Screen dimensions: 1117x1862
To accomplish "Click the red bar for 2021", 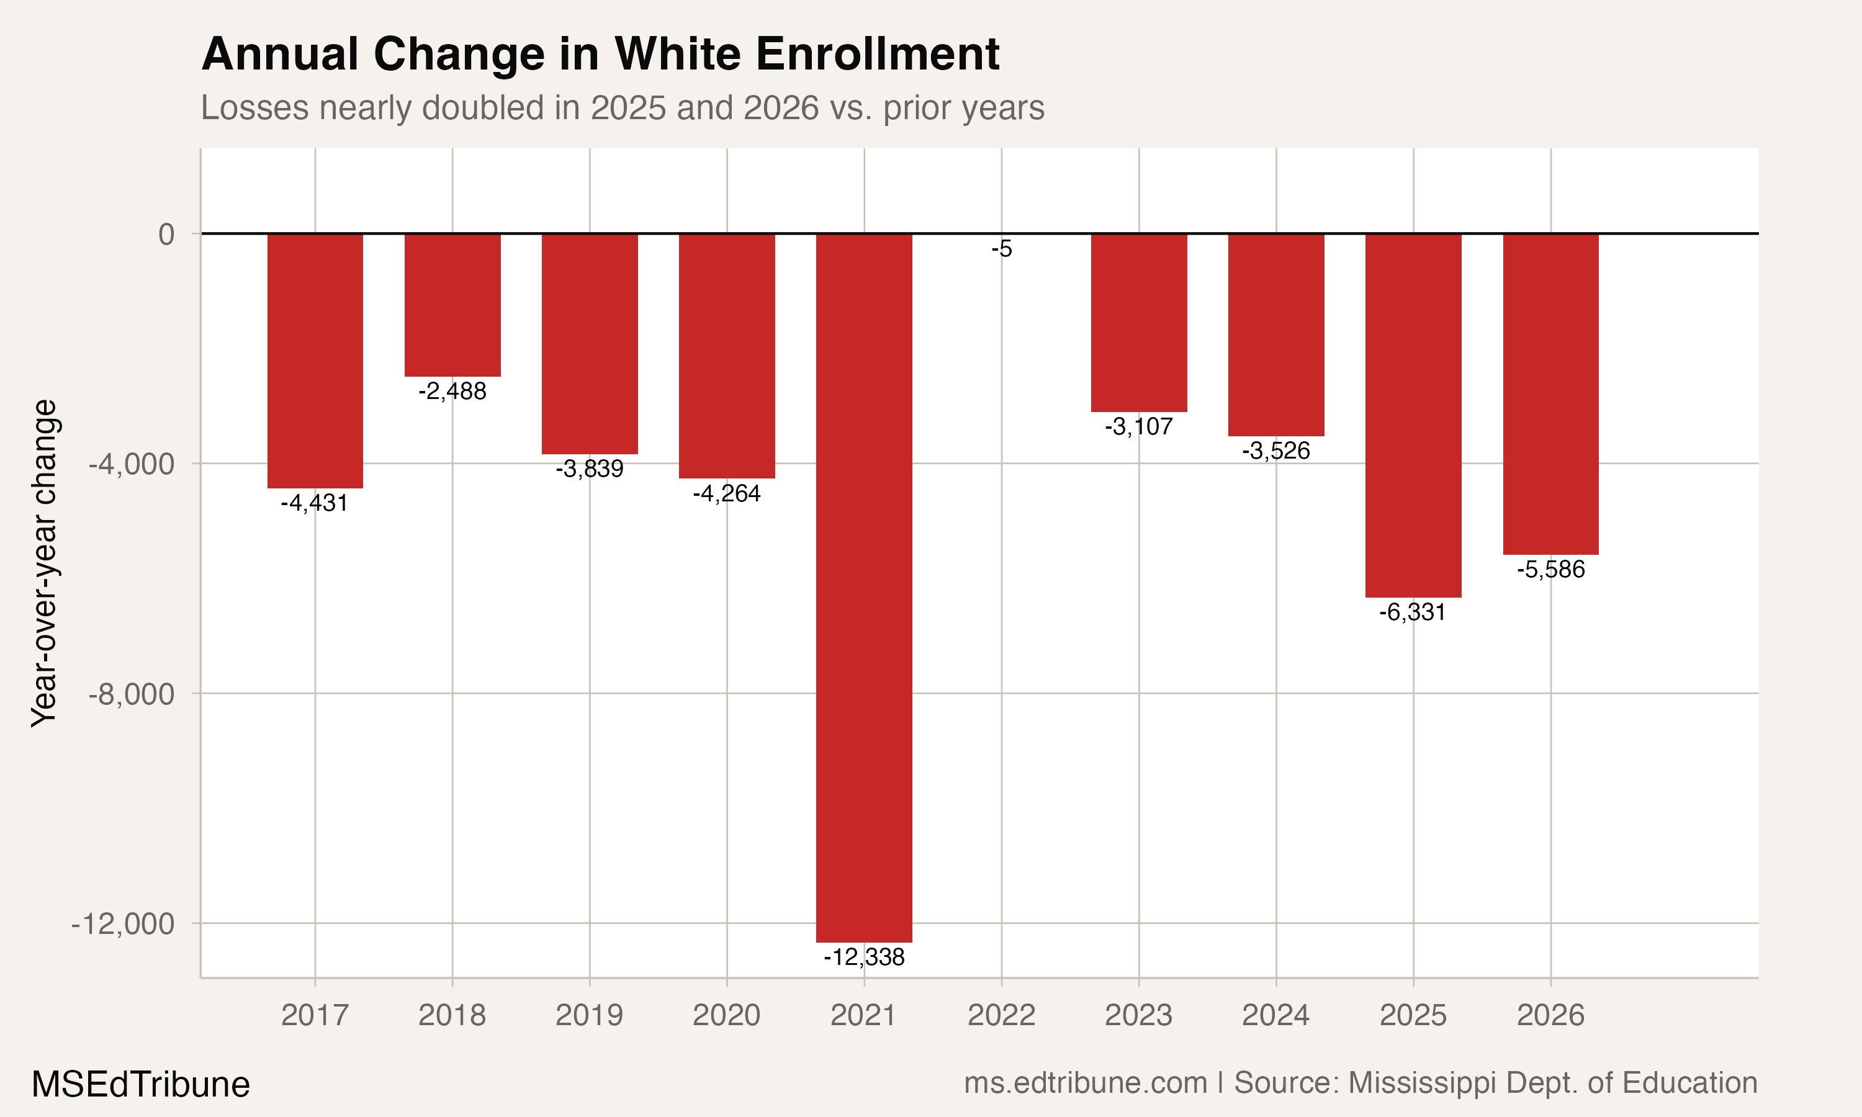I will click(x=863, y=587).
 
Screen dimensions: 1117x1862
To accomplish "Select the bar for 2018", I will click(x=452, y=305).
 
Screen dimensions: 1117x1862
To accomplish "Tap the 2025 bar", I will click(x=1413, y=416).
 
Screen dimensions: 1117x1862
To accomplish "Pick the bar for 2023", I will click(x=1139, y=322).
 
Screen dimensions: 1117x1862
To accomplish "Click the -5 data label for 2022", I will click(x=1002, y=249).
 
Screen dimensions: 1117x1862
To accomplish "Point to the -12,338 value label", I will click(x=863, y=958).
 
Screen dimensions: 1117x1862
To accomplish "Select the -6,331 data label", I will click(x=1413, y=612).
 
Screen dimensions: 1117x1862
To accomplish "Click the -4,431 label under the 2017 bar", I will click(x=315, y=503).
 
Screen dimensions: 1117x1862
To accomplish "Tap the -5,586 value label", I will click(x=1550, y=570).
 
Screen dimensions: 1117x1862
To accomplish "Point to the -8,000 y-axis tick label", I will click(x=132, y=694).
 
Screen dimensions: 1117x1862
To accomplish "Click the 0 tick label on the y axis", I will click(x=166, y=235).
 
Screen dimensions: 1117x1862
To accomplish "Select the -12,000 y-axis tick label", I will click(x=124, y=924).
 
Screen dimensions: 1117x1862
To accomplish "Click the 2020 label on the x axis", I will click(x=726, y=1016).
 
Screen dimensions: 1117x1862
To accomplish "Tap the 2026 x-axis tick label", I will click(x=1550, y=1016).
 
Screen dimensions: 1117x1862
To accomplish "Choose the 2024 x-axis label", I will click(x=1275, y=1016).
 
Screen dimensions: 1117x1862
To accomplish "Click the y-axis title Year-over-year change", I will click(x=43, y=563).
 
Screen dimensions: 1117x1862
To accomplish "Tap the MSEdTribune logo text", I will click(x=141, y=1085).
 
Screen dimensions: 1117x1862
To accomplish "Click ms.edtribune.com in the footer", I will click(x=1086, y=1083).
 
